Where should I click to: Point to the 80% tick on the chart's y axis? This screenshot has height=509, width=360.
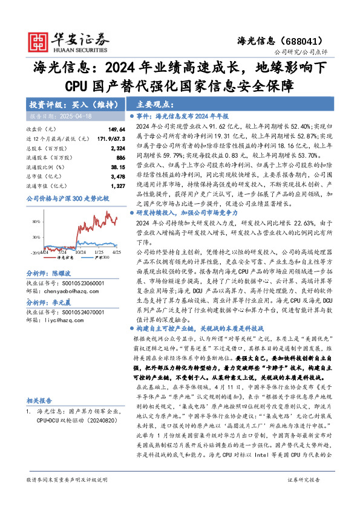click(36, 222)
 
